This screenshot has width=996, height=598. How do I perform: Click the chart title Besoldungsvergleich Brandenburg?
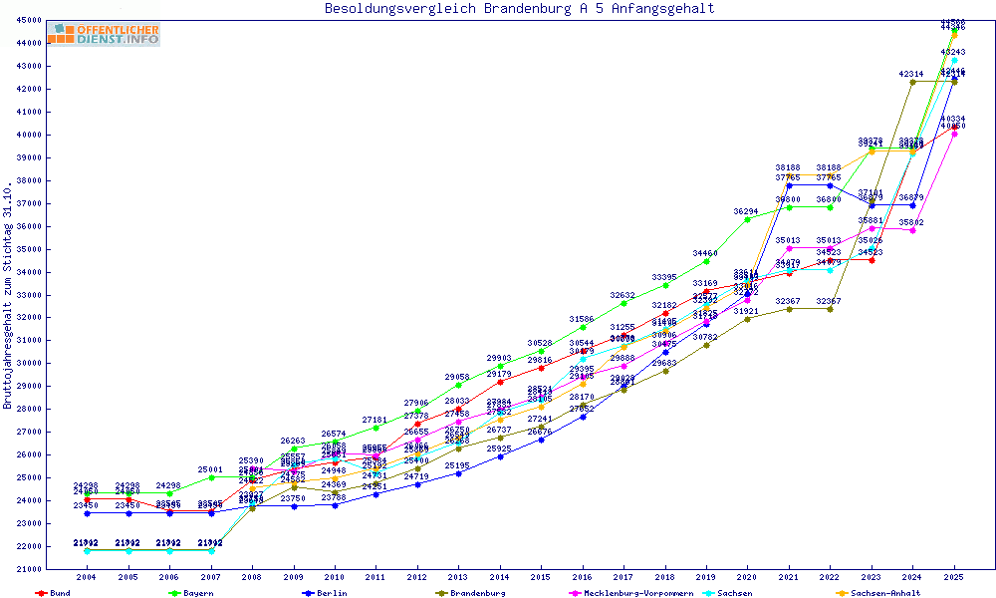click(x=519, y=9)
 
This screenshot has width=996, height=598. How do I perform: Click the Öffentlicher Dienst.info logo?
click(x=104, y=35)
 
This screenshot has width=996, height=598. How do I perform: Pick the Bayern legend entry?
click(x=197, y=593)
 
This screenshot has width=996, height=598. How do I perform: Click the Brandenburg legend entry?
click(x=477, y=593)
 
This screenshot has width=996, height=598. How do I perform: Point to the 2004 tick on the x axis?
click(x=87, y=577)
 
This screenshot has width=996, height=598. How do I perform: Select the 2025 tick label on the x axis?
click(x=954, y=577)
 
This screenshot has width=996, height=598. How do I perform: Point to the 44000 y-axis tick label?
click(x=30, y=43)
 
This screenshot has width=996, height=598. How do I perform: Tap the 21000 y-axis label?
click(x=30, y=569)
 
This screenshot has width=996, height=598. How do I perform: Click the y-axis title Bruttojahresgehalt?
click(x=9, y=297)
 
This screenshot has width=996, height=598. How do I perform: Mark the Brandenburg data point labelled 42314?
click(x=912, y=82)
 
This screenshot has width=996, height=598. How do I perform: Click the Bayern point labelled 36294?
click(x=747, y=218)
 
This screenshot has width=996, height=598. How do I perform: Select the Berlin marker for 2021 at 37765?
click(x=789, y=185)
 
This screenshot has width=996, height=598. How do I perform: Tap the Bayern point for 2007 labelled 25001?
click(x=210, y=477)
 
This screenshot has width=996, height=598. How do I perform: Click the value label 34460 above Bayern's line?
click(x=705, y=254)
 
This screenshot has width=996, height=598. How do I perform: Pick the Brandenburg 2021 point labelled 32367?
click(x=789, y=308)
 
